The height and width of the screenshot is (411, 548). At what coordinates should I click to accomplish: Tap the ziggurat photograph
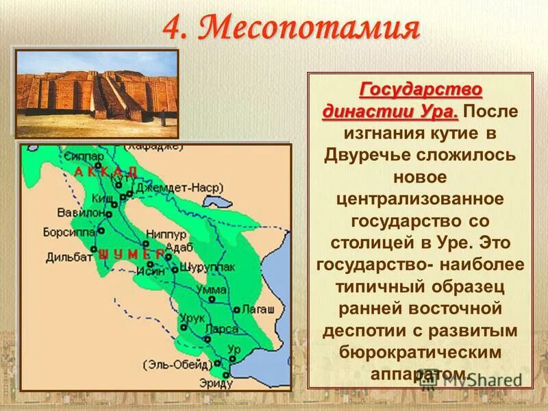pyautogui.click(x=97, y=93)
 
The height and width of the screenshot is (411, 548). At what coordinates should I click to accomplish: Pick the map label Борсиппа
pyautogui.click(x=67, y=232)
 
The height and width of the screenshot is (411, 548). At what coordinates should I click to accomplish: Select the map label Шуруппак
pyautogui.click(x=204, y=266)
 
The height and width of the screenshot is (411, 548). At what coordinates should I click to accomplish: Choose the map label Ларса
pyautogui.click(x=223, y=329)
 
